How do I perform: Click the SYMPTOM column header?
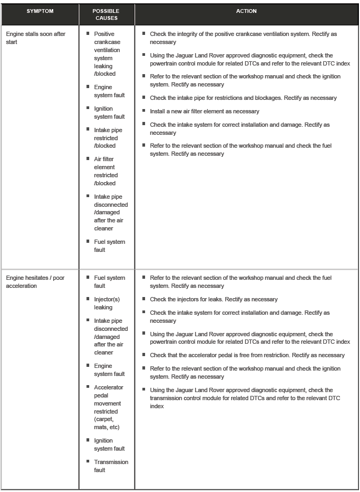point(40,11)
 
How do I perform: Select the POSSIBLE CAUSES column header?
point(106,15)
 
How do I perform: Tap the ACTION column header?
point(246,11)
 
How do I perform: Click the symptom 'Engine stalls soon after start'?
point(35,38)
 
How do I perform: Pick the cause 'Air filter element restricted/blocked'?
point(106,171)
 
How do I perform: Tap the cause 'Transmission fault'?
point(111,466)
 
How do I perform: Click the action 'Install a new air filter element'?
point(204,111)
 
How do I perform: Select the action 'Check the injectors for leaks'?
point(213,299)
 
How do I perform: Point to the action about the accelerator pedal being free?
point(247,355)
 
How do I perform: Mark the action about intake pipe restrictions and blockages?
point(243,98)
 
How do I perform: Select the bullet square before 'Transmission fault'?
point(88,461)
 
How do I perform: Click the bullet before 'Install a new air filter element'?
point(144,111)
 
